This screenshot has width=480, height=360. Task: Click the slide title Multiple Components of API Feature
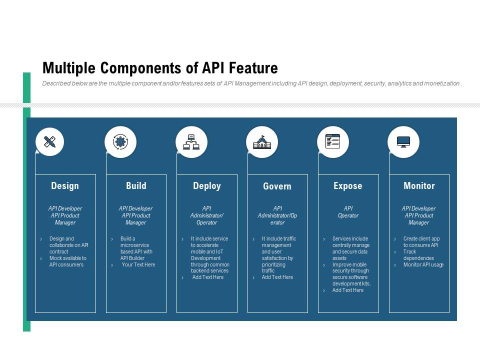pyautogui.click(x=160, y=67)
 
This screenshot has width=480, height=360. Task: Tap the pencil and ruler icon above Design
pyautogui.click(x=49, y=142)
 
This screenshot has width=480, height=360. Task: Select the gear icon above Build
pyautogui.click(x=120, y=142)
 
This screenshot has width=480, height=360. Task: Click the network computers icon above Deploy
pyautogui.click(x=191, y=142)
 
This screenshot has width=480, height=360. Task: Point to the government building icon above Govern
pyautogui.click(x=262, y=142)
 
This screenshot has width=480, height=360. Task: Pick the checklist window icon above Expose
pyautogui.click(x=332, y=141)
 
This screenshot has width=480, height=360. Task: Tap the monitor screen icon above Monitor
pyautogui.click(x=403, y=142)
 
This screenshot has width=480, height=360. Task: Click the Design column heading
pyautogui.click(x=65, y=186)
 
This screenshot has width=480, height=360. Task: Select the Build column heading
pyautogui.click(x=136, y=186)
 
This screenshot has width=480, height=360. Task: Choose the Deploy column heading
pyautogui.click(x=207, y=186)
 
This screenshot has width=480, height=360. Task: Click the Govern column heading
pyautogui.click(x=277, y=186)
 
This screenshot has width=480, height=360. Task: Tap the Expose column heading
pyautogui.click(x=348, y=186)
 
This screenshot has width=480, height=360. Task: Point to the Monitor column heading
pyautogui.click(x=419, y=186)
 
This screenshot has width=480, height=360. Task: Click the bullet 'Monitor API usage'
pyautogui.click(x=423, y=265)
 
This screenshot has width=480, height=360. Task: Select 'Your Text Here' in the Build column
pyautogui.click(x=138, y=265)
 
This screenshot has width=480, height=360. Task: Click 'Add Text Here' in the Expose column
pyautogui.click(x=348, y=290)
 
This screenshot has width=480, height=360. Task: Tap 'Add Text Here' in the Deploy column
pyautogui.click(x=208, y=277)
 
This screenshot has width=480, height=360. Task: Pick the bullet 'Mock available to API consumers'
pyautogui.click(x=67, y=261)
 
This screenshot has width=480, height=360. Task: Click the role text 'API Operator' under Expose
pyautogui.click(x=348, y=212)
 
